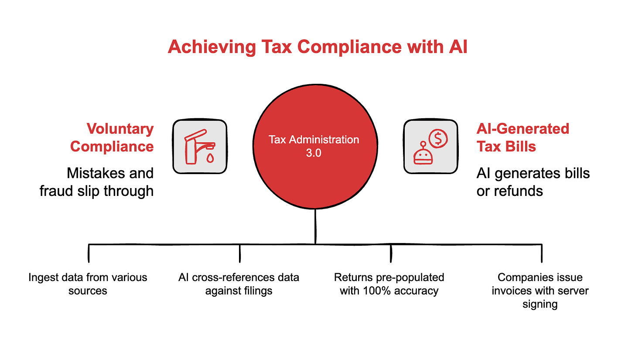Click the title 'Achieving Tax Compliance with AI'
317,47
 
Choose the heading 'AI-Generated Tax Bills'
522,137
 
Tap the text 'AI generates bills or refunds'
533,182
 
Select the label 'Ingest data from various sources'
88,284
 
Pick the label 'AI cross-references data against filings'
239,284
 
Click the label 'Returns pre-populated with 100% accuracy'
389,284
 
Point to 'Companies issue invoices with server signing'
540,290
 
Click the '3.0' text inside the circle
314,154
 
